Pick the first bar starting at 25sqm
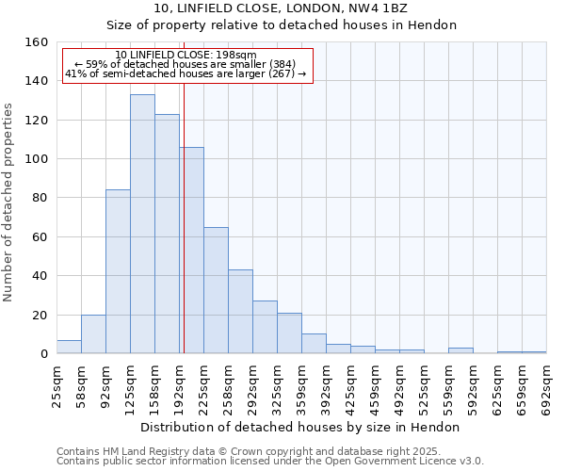click(x=69, y=347)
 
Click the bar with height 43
click(x=240, y=312)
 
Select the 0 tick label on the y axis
click(x=43, y=354)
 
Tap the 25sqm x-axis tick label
click(x=57, y=383)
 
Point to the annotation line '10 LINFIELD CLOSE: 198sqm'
click(x=186, y=56)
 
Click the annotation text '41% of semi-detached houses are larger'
click(x=186, y=73)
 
